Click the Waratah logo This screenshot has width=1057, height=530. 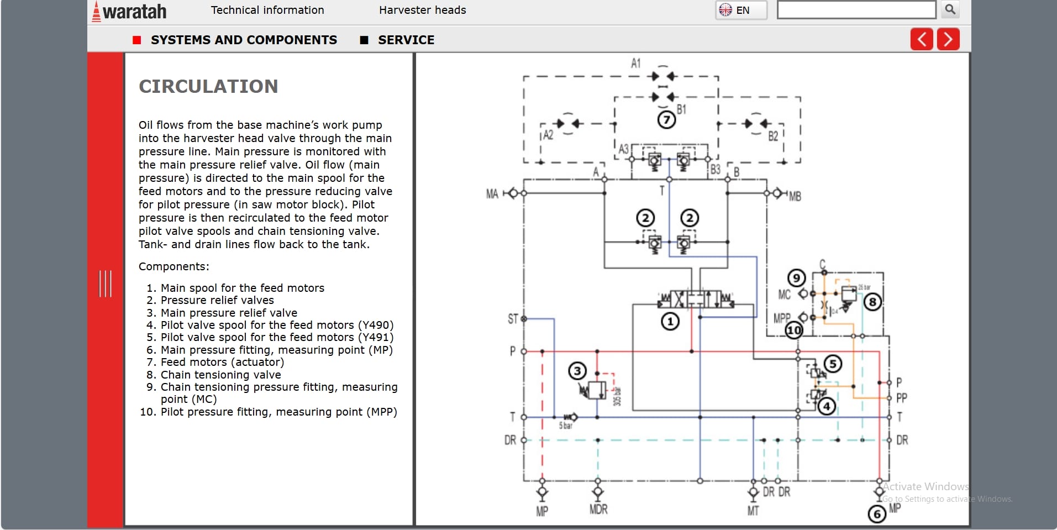(129, 12)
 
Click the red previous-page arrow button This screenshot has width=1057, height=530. (922, 39)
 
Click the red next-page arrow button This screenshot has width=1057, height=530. (948, 39)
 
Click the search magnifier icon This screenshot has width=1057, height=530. (950, 9)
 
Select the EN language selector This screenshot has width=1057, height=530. (741, 10)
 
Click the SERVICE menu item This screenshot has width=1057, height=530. (406, 40)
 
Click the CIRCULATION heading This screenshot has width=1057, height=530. (208, 86)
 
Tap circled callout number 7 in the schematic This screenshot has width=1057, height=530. (666, 119)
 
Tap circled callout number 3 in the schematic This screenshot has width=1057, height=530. (577, 371)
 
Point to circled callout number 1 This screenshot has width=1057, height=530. (670, 321)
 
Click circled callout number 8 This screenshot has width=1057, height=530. (872, 302)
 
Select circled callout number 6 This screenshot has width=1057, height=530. (877, 514)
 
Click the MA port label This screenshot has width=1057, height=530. (492, 194)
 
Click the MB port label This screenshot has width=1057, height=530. (795, 196)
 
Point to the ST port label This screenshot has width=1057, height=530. (513, 319)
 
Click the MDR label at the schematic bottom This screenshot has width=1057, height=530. (598, 509)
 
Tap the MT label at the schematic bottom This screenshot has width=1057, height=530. (753, 511)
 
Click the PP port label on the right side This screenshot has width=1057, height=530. (901, 398)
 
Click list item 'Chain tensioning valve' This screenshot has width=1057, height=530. (220, 375)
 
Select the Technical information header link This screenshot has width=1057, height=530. (267, 10)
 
